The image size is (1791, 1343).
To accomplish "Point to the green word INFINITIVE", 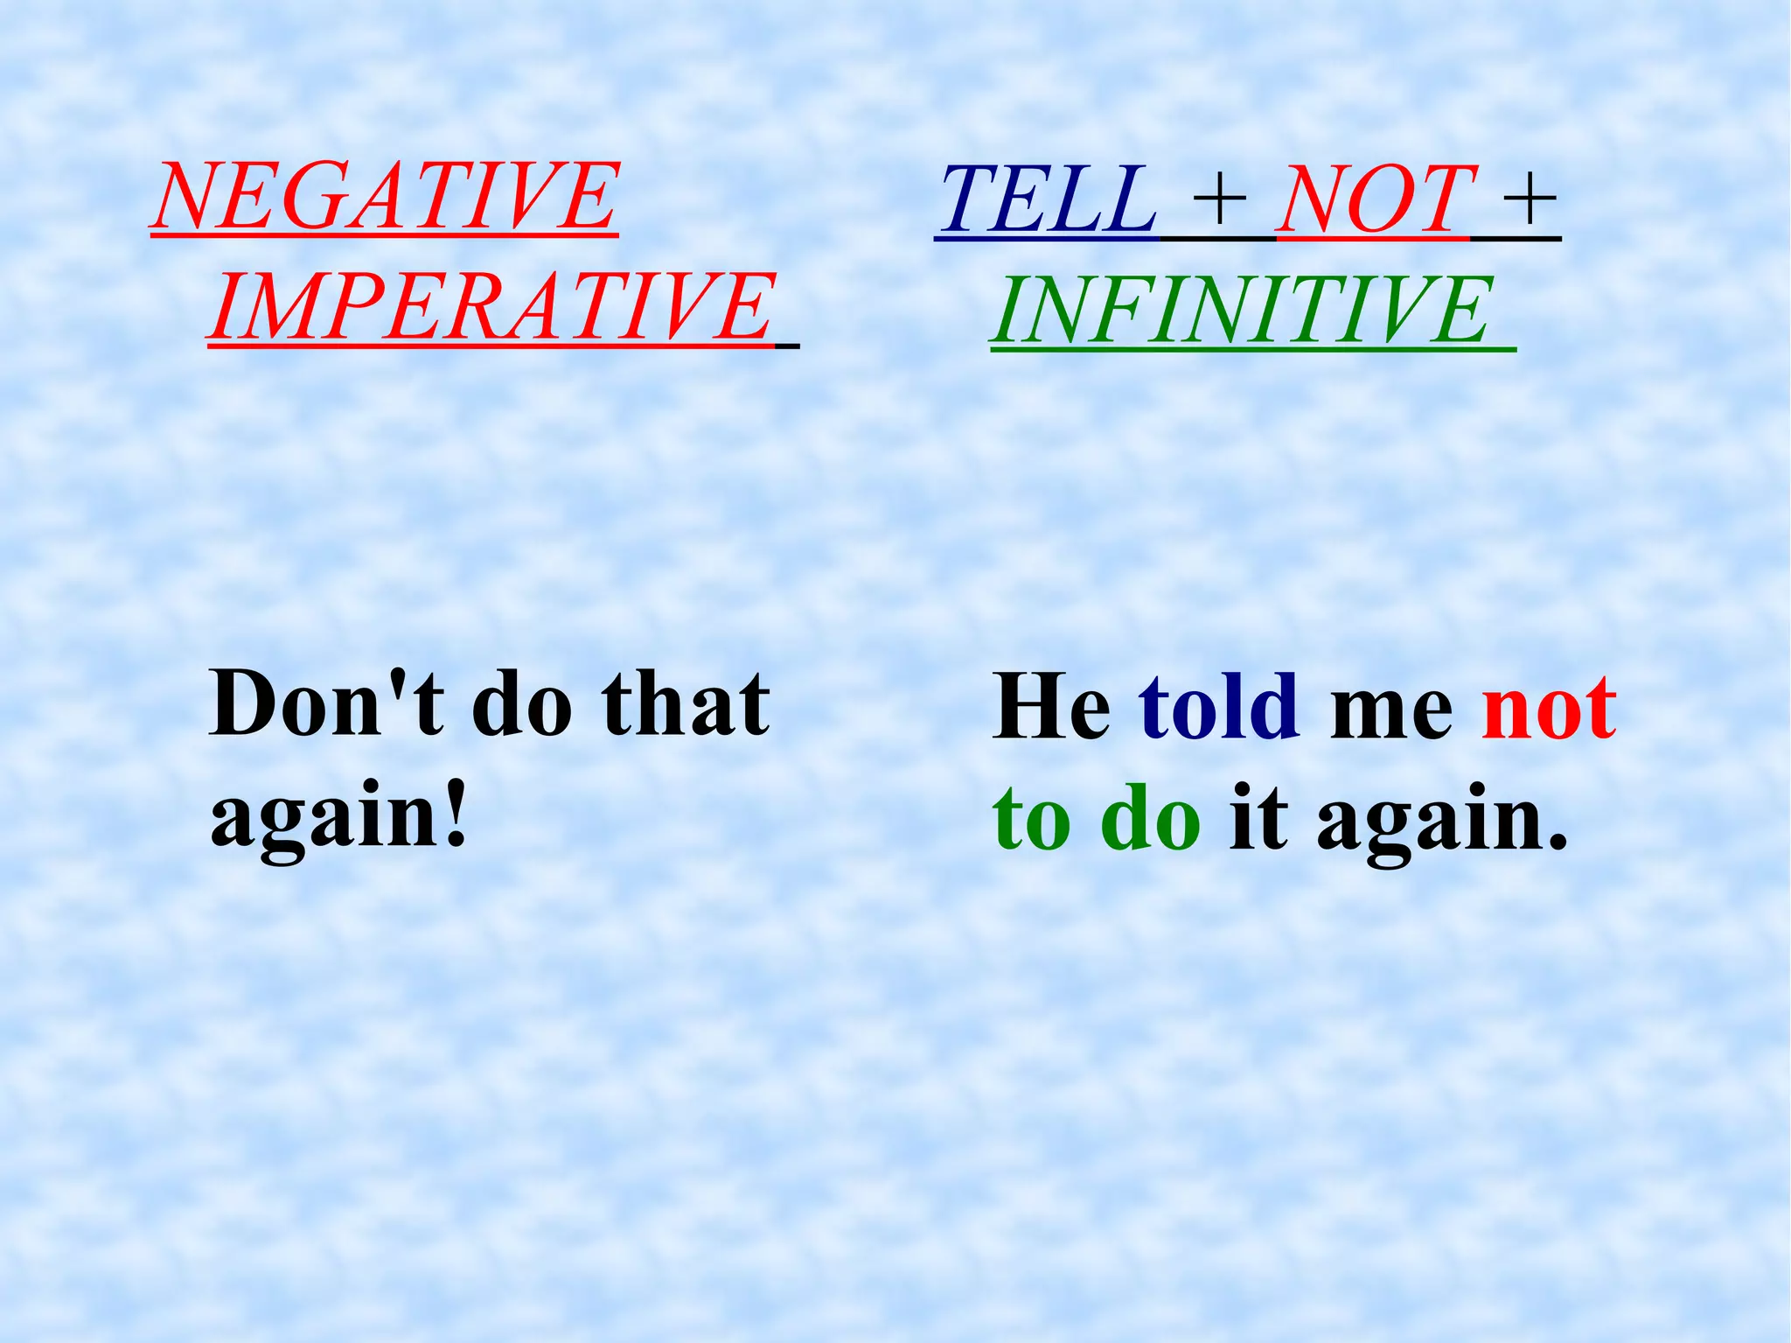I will click(1242, 310).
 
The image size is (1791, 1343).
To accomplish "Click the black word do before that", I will click(522, 703).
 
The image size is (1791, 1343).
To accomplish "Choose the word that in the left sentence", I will click(686, 703).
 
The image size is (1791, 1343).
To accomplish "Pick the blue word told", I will click(1218, 707).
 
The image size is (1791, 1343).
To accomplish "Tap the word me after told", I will click(1390, 714).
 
